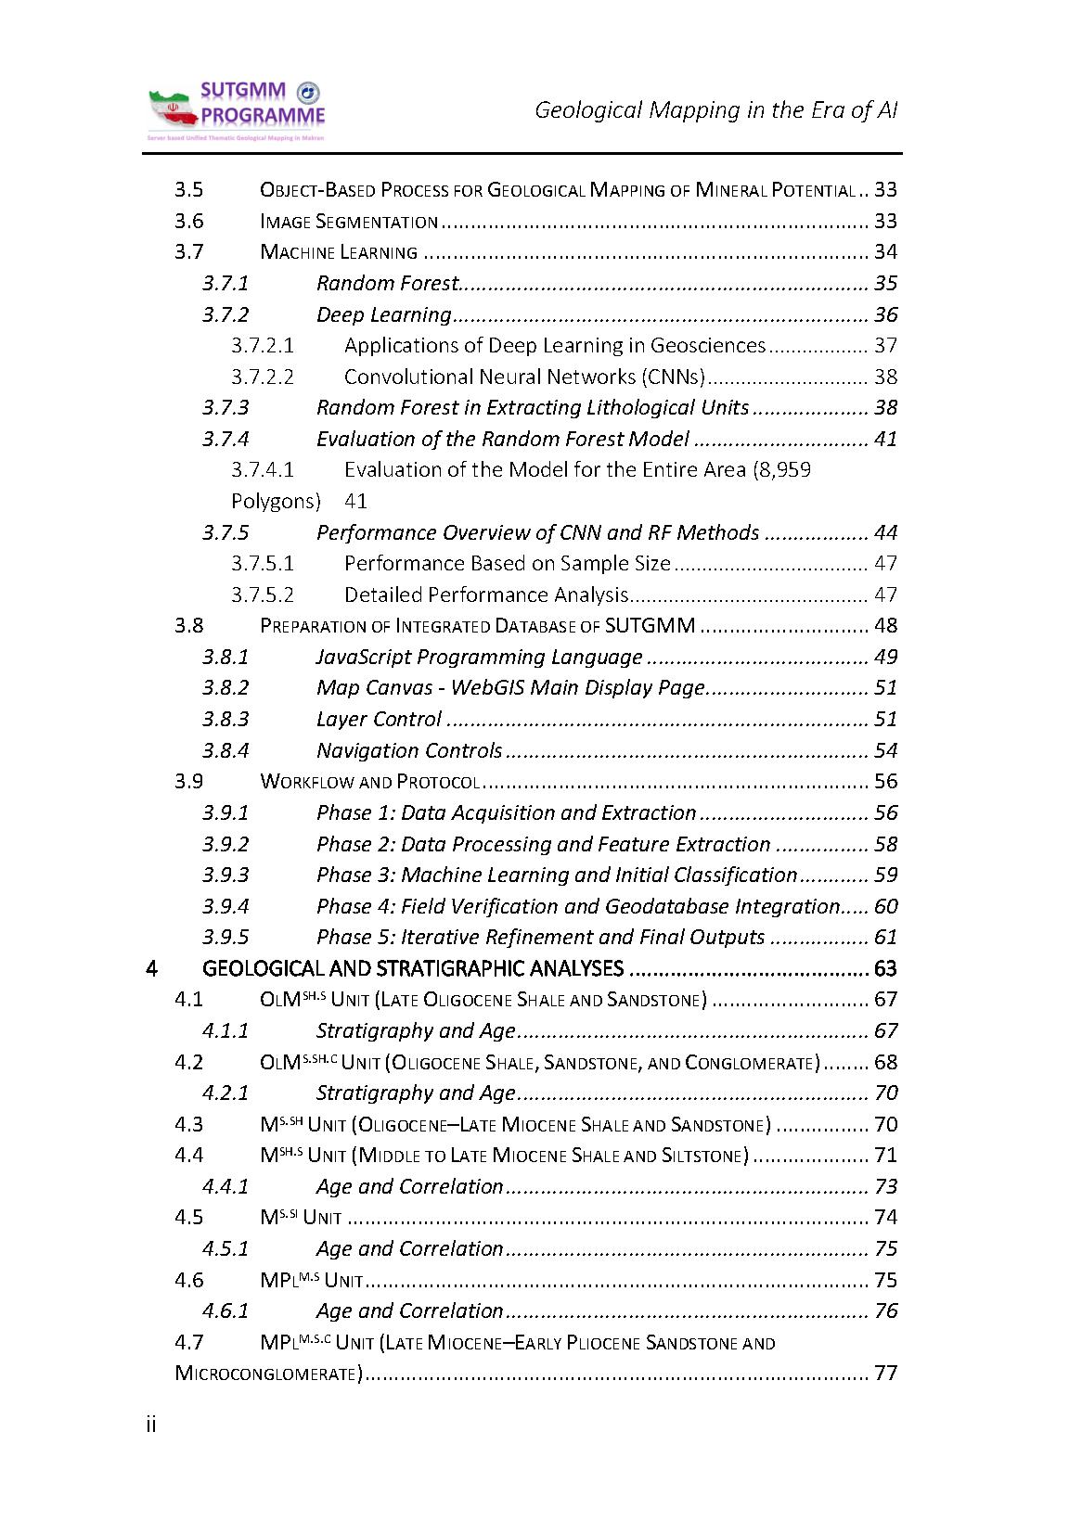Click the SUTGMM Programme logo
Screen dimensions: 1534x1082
237,111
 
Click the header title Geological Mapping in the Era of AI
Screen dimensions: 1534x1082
715,110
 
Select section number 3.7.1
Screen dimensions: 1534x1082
225,283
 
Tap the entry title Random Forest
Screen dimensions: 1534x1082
387,283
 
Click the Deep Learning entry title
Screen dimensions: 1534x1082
383,314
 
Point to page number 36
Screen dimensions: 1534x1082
885,314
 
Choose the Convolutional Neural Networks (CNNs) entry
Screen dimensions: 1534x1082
524,377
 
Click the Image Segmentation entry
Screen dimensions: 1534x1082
349,221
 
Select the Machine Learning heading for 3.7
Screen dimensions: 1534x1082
339,252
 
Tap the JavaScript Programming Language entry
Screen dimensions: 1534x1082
479,657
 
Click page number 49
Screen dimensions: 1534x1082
885,657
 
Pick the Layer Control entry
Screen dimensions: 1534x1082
379,719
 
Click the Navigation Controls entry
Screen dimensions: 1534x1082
409,750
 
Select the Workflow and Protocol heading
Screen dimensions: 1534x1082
369,782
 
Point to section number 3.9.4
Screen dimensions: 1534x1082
225,906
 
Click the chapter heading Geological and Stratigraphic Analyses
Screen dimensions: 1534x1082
412,968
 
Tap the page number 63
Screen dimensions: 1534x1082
885,968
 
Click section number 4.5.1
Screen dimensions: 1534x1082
225,1248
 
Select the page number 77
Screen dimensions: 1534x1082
885,1374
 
